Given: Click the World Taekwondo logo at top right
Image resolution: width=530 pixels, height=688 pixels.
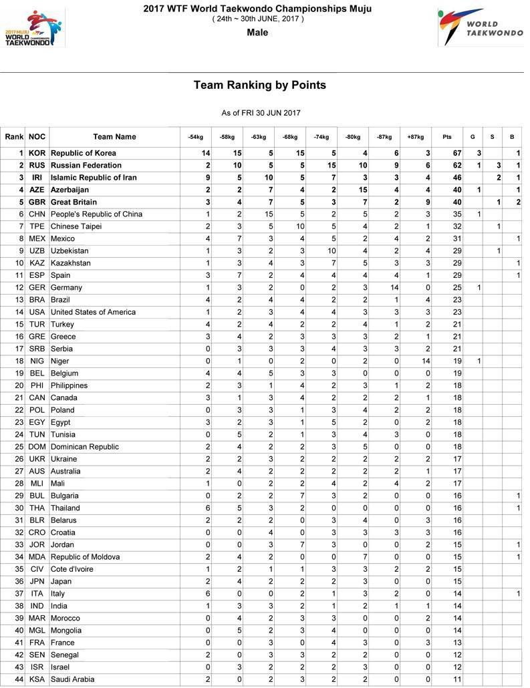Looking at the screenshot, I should pos(480,27).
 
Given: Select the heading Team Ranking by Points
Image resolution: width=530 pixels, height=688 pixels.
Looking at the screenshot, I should pos(260,85).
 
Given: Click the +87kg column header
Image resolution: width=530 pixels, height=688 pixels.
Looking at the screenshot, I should pos(415,137).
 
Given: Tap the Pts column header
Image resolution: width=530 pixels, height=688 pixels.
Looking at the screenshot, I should pos(447,137).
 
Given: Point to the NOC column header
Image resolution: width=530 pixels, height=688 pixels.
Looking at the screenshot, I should pos(37,137).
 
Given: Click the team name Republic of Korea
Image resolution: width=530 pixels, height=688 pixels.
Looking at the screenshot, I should pos(84,153).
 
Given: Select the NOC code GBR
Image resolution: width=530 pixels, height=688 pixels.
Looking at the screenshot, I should pos(37,202).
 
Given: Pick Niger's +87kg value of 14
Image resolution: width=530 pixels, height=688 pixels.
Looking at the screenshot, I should pos(425,361).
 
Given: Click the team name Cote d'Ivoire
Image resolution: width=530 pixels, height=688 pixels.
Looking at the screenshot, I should pos(72,569).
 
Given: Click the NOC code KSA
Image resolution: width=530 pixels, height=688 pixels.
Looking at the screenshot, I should pos(37,679).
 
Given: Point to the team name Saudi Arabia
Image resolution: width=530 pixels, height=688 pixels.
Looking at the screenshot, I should pos(73,679).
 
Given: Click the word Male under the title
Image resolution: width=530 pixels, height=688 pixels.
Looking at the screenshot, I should pos(257,32).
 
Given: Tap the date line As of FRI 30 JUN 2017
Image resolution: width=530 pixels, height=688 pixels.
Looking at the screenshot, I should pos(261,113).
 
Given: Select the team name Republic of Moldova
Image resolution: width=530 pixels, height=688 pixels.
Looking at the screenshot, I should pos(86,557).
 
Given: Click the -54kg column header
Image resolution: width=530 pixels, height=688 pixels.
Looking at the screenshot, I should pos(195,137).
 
